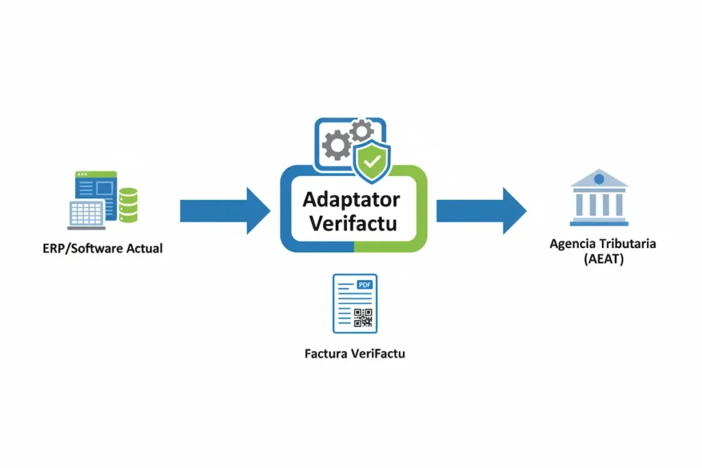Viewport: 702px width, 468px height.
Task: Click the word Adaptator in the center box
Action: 352,200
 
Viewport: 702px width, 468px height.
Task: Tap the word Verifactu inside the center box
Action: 353,224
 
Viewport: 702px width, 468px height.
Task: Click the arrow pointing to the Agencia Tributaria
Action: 481,210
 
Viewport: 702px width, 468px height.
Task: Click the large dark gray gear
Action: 337,146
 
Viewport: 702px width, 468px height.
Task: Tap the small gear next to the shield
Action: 361,130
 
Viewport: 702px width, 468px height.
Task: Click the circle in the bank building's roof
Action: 599,179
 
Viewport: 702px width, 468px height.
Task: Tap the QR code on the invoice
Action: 363,317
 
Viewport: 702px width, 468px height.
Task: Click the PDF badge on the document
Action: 364,283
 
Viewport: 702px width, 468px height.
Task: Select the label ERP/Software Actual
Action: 102,249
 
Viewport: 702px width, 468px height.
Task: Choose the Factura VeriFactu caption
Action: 354,355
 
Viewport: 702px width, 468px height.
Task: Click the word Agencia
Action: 572,244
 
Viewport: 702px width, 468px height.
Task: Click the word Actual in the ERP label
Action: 144,249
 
